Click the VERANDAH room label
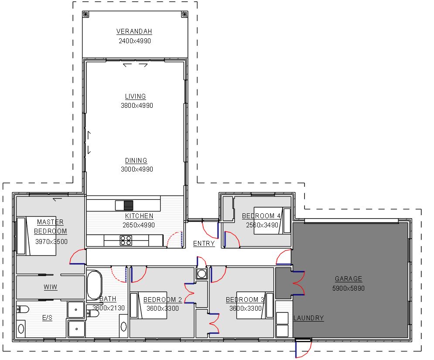pyautogui.click(x=134, y=31)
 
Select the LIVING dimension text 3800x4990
pyautogui.click(x=137, y=106)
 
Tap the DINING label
pyautogui.click(x=136, y=161)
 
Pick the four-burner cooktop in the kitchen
pyautogui.click(x=126, y=240)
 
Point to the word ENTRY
pyautogui.click(x=204, y=243)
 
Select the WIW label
pyautogui.click(x=50, y=287)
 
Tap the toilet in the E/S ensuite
pyautogui.click(x=22, y=309)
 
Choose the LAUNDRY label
pyautogui.click(x=308, y=318)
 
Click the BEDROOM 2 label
pyautogui.click(x=163, y=300)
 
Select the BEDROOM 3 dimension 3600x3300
pyautogui.click(x=246, y=309)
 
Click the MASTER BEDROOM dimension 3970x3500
pyautogui.click(x=51, y=241)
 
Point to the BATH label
pyautogui.click(x=108, y=299)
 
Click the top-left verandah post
pyautogui.click(x=85, y=14)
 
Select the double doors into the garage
pyautogui.click(x=298, y=282)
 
